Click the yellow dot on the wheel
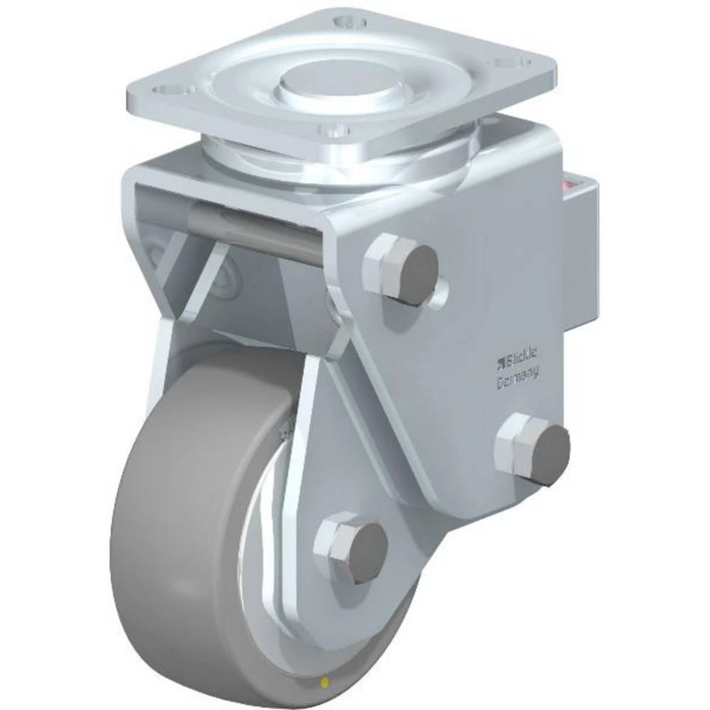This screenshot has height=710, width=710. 325,682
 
